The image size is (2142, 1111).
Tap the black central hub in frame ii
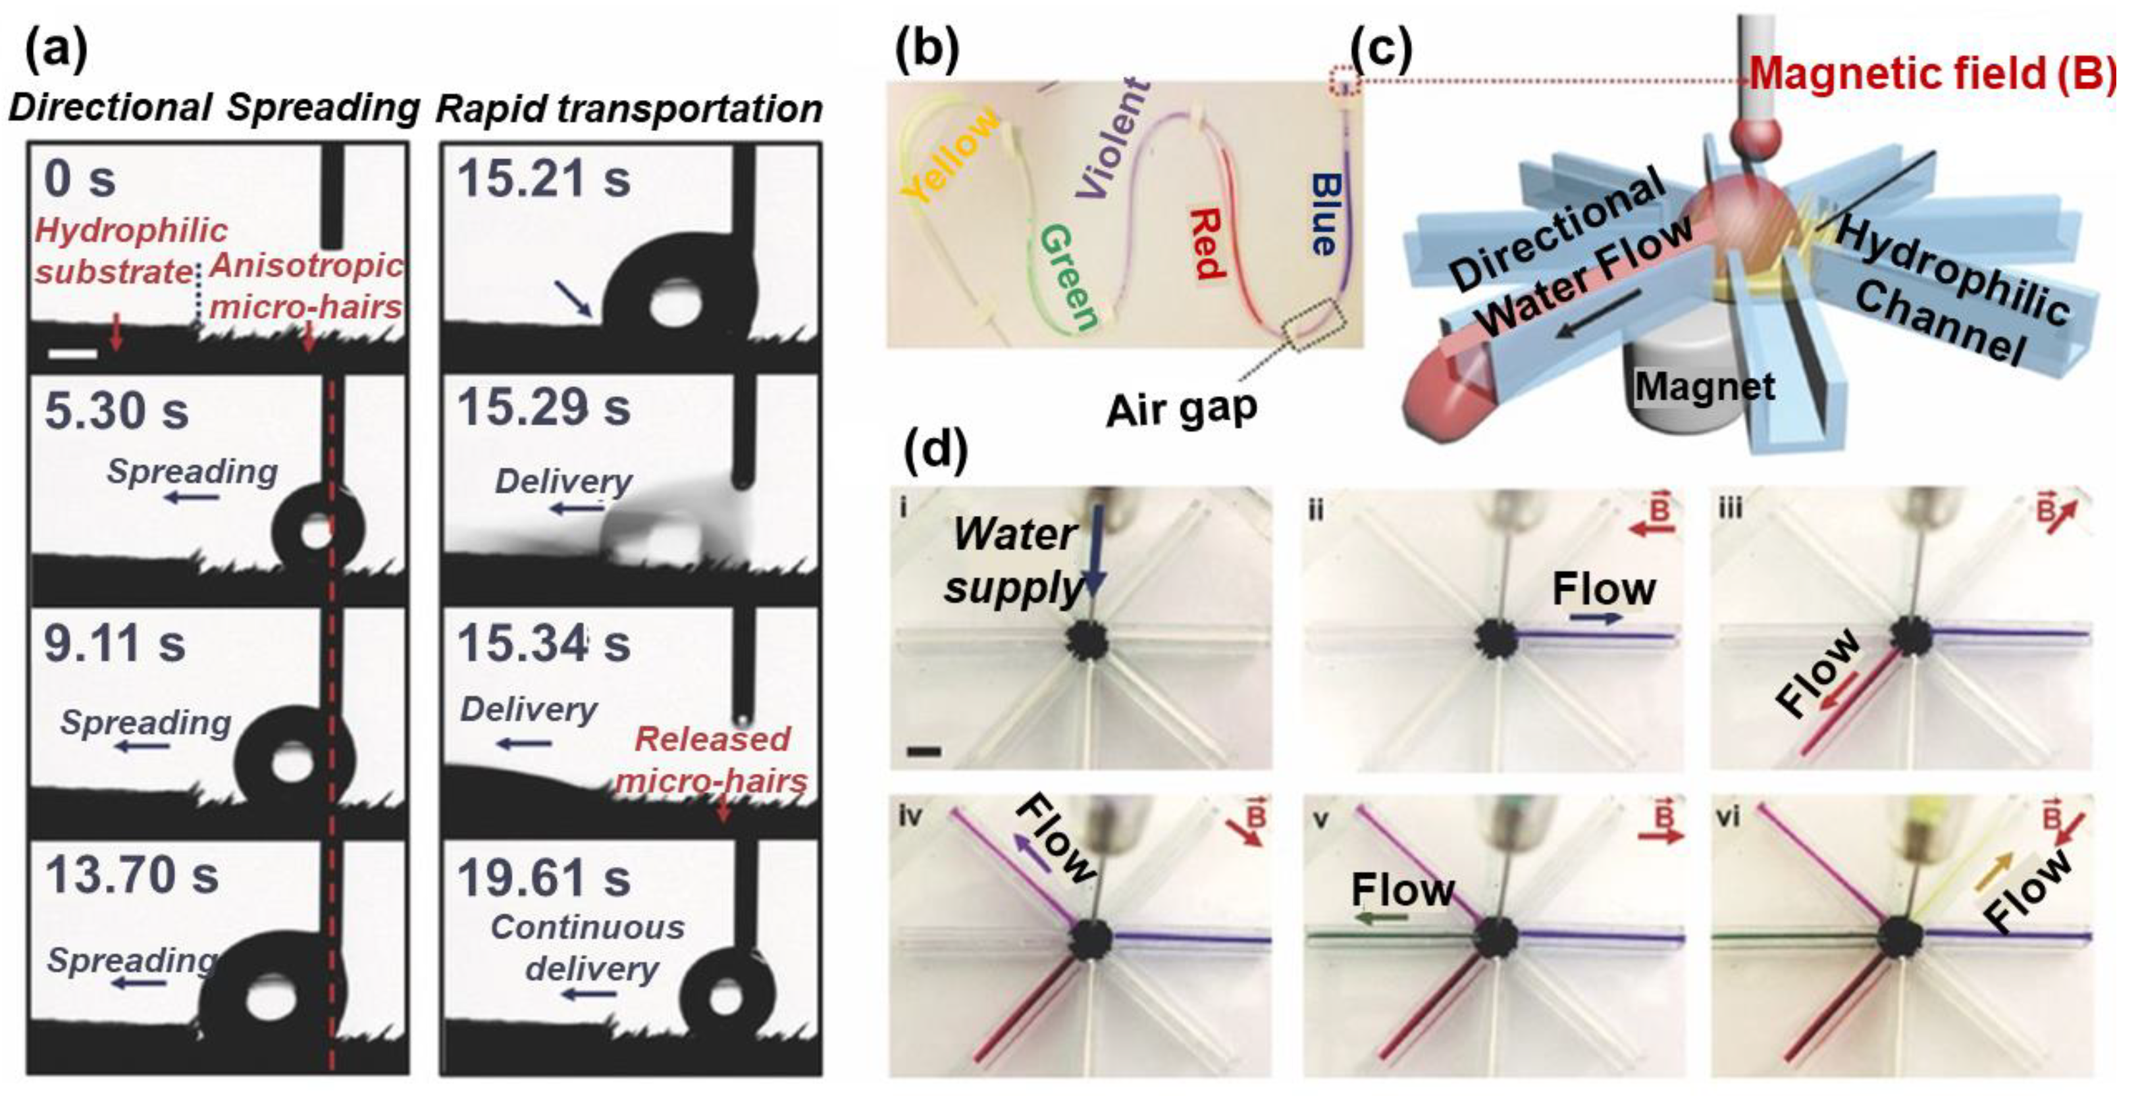(1496, 641)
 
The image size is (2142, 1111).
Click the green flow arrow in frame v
(1381, 918)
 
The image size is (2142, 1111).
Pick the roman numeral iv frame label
(910, 817)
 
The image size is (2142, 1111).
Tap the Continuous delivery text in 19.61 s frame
(588, 948)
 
